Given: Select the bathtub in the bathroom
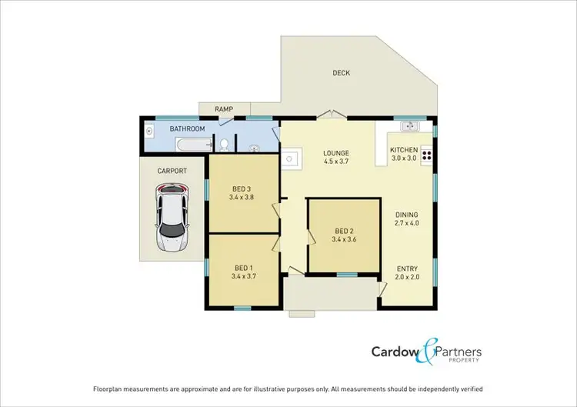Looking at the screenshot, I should (x=193, y=144).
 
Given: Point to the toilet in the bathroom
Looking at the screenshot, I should (x=223, y=144).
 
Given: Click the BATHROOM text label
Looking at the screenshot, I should (x=187, y=128).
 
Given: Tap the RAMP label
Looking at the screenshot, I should (x=224, y=109).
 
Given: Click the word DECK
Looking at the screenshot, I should (x=341, y=73).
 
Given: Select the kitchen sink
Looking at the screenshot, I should (x=409, y=125).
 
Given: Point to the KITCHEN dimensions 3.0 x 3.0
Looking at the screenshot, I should (x=404, y=158).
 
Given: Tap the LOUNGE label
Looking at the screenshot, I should (x=336, y=152).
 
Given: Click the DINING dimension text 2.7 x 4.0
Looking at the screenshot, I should (x=407, y=224).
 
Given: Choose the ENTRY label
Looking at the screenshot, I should (x=407, y=269).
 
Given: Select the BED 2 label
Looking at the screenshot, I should (x=344, y=230).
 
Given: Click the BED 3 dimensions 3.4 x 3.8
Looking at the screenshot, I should (x=242, y=197).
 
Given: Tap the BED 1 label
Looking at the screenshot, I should (x=242, y=266).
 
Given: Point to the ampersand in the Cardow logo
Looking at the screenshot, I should (x=428, y=353).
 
